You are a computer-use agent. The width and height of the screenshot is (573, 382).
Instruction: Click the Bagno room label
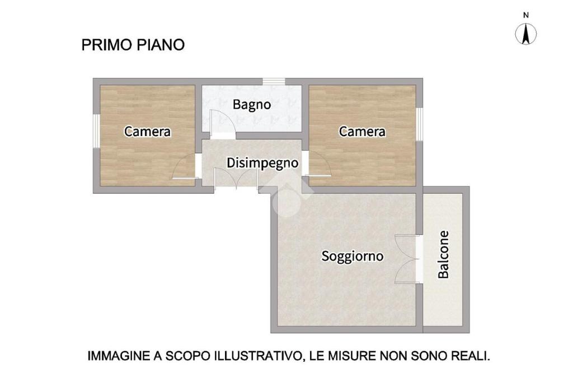tap(252, 105)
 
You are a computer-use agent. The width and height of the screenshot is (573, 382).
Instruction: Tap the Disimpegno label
tap(262, 163)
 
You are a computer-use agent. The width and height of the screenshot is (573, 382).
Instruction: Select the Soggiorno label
tap(353, 256)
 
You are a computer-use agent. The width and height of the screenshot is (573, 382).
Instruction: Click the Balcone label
tap(443, 255)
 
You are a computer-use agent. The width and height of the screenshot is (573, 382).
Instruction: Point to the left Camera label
tap(147, 132)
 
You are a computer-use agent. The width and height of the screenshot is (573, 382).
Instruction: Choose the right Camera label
tap(362, 132)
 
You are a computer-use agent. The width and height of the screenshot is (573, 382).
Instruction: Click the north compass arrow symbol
tap(526, 34)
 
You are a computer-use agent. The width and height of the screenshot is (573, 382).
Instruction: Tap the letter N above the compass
tap(526, 15)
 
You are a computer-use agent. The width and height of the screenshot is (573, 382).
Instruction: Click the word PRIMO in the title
tap(107, 45)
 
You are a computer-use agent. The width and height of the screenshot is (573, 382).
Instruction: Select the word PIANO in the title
tap(161, 45)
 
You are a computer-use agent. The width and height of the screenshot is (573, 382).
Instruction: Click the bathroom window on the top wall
tap(274, 82)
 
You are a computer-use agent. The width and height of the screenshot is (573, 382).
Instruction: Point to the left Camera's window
tap(96, 131)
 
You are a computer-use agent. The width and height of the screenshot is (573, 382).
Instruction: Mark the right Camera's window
tap(420, 124)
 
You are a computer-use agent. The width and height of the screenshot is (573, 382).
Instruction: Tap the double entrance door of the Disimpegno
tap(237, 179)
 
